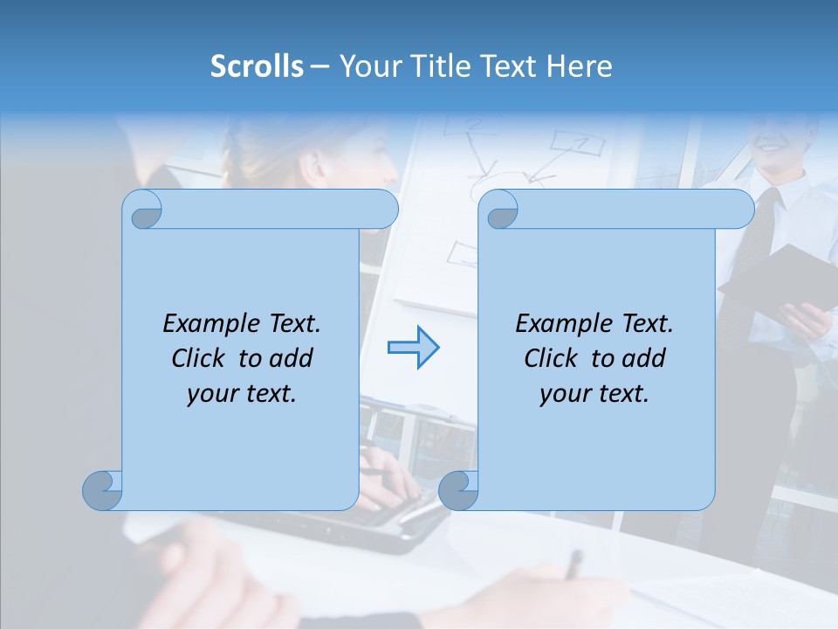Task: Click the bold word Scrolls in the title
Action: pyautogui.click(x=257, y=66)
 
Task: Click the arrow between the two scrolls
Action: pyautogui.click(x=413, y=347)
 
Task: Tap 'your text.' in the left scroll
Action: pyautogui.click(x=242, y=393)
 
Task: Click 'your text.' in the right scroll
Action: pyautogui.click(x=594, y=393)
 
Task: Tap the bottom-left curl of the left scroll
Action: pyautogui.click(x=103, y=490)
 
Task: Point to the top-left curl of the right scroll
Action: pyautogui.click(x=500, y=211)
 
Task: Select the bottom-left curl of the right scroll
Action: pyautogui.click(x=458, y=490)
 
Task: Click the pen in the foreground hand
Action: pyautogui.click(x=573, y=564)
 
